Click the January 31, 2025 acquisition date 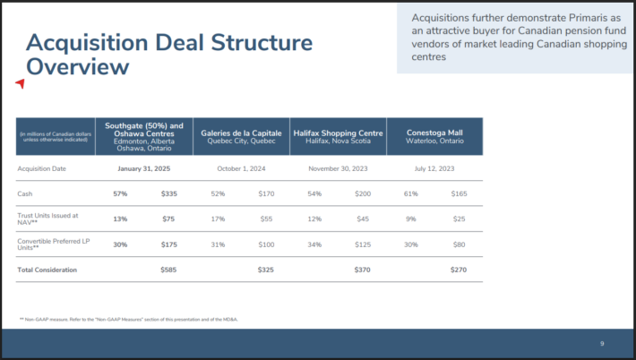143,167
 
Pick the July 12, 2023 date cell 434,167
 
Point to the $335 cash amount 168,193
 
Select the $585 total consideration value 168,270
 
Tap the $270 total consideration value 459,270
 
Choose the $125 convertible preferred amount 362,244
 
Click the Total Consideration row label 47,270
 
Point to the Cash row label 25,193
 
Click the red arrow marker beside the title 20,83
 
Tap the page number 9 602,344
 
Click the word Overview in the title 77,66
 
